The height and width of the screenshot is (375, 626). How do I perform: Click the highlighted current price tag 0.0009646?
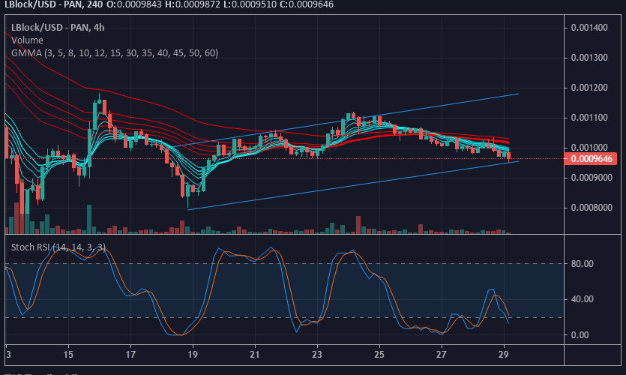[592, 159]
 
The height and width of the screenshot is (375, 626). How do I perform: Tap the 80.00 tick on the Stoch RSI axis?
[583, 264]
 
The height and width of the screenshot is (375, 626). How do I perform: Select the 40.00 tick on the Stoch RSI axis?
[583, 299]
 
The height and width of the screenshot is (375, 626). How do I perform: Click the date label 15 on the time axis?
[68, 354]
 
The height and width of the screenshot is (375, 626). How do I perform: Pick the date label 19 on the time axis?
[193, 354]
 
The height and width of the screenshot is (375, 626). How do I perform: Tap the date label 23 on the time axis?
[317, 354]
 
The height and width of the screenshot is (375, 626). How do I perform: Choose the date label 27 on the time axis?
[442, 354]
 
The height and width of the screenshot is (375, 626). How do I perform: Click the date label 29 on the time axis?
[504, 354]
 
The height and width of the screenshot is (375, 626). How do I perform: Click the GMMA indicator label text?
[114, 52]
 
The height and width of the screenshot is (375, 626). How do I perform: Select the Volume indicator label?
[27, 40]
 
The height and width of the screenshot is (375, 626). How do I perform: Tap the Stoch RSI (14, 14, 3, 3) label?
[58, 246]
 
